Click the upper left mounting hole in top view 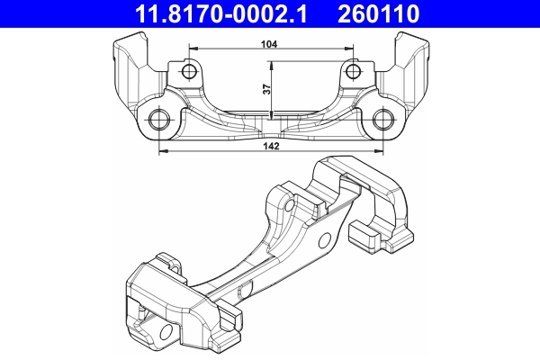pos(188,71)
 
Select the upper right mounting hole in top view pos(352,71)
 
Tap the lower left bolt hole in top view pos(159,120)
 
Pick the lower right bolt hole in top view pos(382,120)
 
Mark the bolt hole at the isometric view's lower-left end pos(167,337)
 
